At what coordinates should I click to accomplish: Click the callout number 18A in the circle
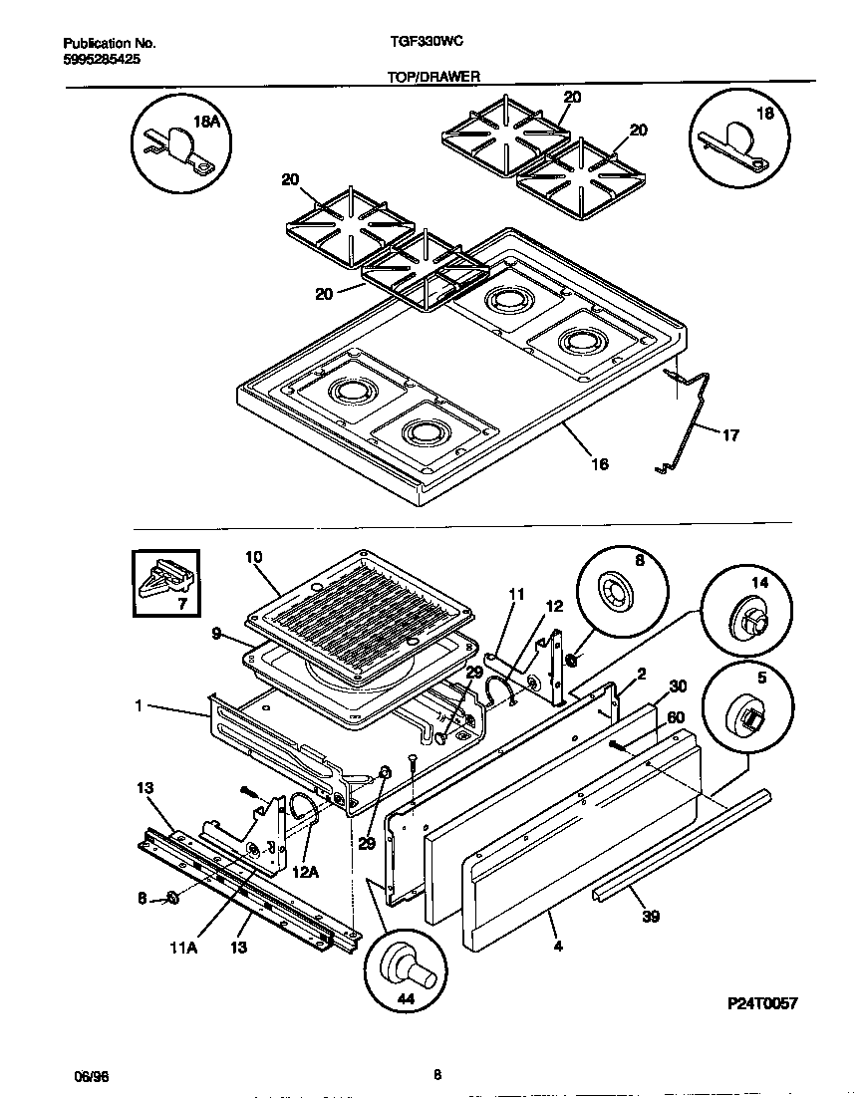205,122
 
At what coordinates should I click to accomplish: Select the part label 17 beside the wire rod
730,434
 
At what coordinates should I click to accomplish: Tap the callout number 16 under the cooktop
599,463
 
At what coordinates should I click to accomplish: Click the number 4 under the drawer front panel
558,946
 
